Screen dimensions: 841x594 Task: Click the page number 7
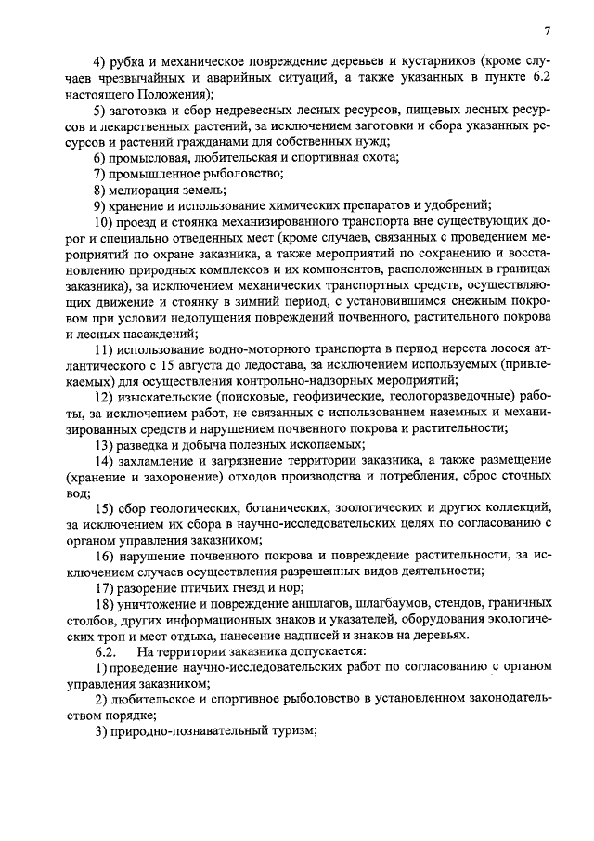[549, 32]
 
